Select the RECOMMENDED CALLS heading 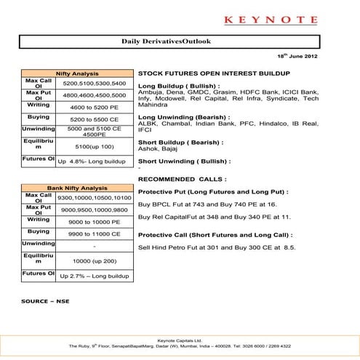(182, 178)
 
